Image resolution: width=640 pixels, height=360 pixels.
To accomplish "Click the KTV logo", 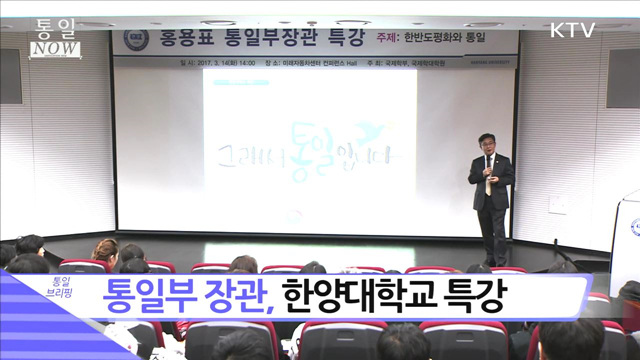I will pyautogui.click(x=572, y=30).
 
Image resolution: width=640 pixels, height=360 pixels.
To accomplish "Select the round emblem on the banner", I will pyautogui.click(x=136, y=40).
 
